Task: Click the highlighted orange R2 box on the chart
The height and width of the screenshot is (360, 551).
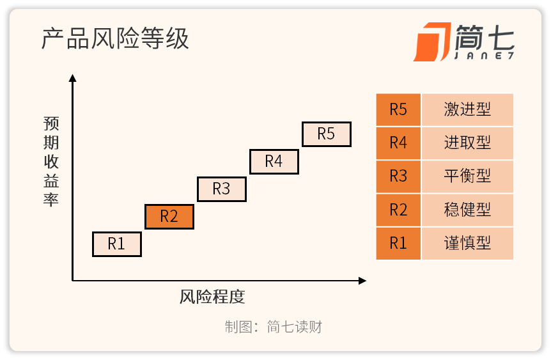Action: coord(169,217)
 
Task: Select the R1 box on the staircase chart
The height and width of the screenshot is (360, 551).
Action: coord(117,244)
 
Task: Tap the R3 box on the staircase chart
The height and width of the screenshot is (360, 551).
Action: coord(222,189)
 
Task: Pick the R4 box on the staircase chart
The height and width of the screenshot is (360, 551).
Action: coord(274,162)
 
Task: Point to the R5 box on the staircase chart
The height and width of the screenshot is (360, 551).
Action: coord(327,134)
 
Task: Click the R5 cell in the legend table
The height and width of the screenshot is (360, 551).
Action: coord(398,110)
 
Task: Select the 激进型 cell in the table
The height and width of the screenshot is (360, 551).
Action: coord(467,110)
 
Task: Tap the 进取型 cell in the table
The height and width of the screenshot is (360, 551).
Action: coord(467,143)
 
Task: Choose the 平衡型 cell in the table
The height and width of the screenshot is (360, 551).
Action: coord(467,176)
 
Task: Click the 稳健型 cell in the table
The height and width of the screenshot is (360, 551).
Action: coord(467,210)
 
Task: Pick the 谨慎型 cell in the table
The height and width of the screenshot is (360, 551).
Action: coord(467,243)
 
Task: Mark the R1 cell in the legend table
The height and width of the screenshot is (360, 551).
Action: coord(398,243)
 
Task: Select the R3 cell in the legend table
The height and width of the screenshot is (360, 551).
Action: coord(398,176)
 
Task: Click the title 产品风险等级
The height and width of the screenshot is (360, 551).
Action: coord(115,38)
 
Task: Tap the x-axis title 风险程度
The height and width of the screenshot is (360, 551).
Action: coord(212,297)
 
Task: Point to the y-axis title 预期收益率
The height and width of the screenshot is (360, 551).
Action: coord(51,161)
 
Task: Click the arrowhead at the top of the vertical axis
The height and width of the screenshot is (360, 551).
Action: coord(73,78)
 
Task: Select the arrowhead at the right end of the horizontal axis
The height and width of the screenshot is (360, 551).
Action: coord(362,281)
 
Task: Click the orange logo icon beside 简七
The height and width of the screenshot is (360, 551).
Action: coord(432,42)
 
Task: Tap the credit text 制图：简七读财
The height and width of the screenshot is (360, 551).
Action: coord(274,327)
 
